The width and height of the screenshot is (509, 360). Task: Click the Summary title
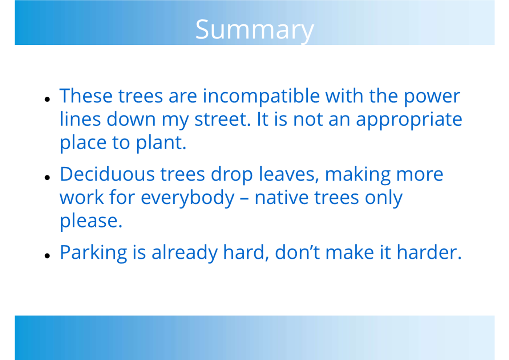(254, 31)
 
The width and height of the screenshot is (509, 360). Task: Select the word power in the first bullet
(432, 98)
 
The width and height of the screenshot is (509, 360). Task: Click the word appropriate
(409, 121)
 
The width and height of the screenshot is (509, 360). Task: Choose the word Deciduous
(107, 174)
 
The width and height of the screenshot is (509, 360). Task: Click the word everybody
(187, 198)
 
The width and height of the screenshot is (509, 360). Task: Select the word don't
(298, 252)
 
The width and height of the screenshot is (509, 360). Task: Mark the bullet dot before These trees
(47, 99)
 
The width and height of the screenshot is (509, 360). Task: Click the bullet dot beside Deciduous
(47, 177)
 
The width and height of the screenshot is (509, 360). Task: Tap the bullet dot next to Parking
(47, 256)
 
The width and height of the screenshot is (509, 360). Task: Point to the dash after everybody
(245, 199)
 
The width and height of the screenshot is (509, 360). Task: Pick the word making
(357, 175)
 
